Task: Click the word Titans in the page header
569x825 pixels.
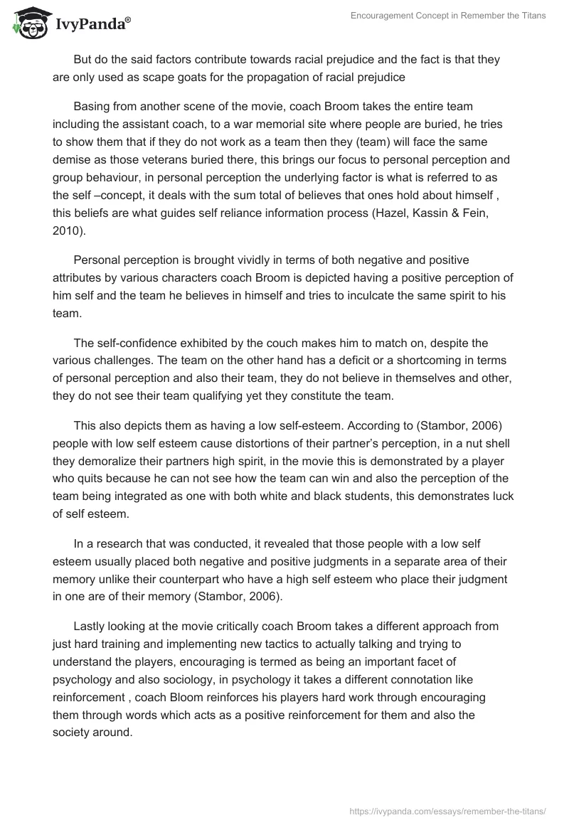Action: point(531,16)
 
